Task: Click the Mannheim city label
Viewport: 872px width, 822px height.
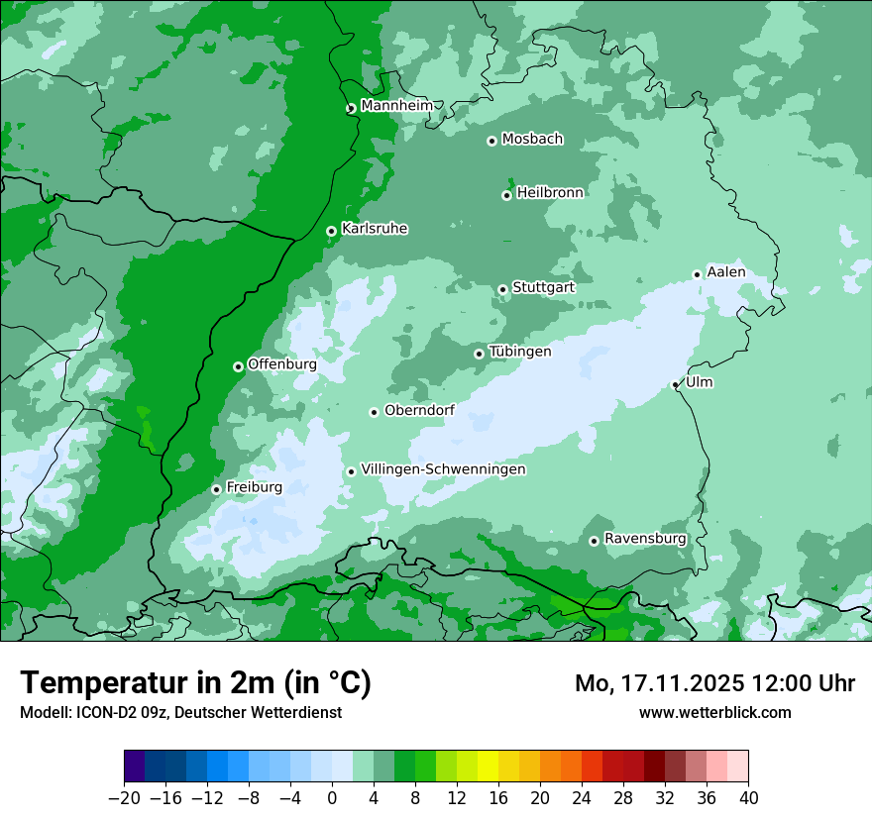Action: click(396, 106)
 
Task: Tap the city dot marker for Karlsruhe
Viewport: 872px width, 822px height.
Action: click(331, 231)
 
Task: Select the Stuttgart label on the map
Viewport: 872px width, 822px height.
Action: click(543, 287)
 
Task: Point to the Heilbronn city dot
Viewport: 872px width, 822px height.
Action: click(506, 195)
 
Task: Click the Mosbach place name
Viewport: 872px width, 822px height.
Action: click(532, 140)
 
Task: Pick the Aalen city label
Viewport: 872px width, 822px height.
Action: click(726, 272)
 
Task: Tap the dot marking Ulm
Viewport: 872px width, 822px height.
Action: click(675, 384)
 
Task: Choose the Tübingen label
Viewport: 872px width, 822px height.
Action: click(520, 352)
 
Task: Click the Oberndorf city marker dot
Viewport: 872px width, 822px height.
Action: click(374, 412)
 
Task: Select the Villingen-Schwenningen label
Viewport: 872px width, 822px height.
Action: click(443, 469)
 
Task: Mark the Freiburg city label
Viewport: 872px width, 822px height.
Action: click(254, 487)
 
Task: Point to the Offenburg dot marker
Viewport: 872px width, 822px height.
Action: click(238, 366)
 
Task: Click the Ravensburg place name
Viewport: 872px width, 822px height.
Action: click(645, 539)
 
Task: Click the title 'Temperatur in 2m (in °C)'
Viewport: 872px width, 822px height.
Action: click(195, 682)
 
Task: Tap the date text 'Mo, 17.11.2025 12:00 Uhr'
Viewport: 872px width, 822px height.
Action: click(714, 683)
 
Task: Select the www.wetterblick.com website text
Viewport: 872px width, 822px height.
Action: click(714, 712)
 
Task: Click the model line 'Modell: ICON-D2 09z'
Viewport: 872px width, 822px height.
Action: click(180, 712)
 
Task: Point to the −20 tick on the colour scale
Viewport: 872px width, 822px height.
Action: click(124, 797)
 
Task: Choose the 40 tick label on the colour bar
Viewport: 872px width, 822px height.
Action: click(748, 797)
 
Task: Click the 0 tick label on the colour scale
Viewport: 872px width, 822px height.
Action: click(332, 797)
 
